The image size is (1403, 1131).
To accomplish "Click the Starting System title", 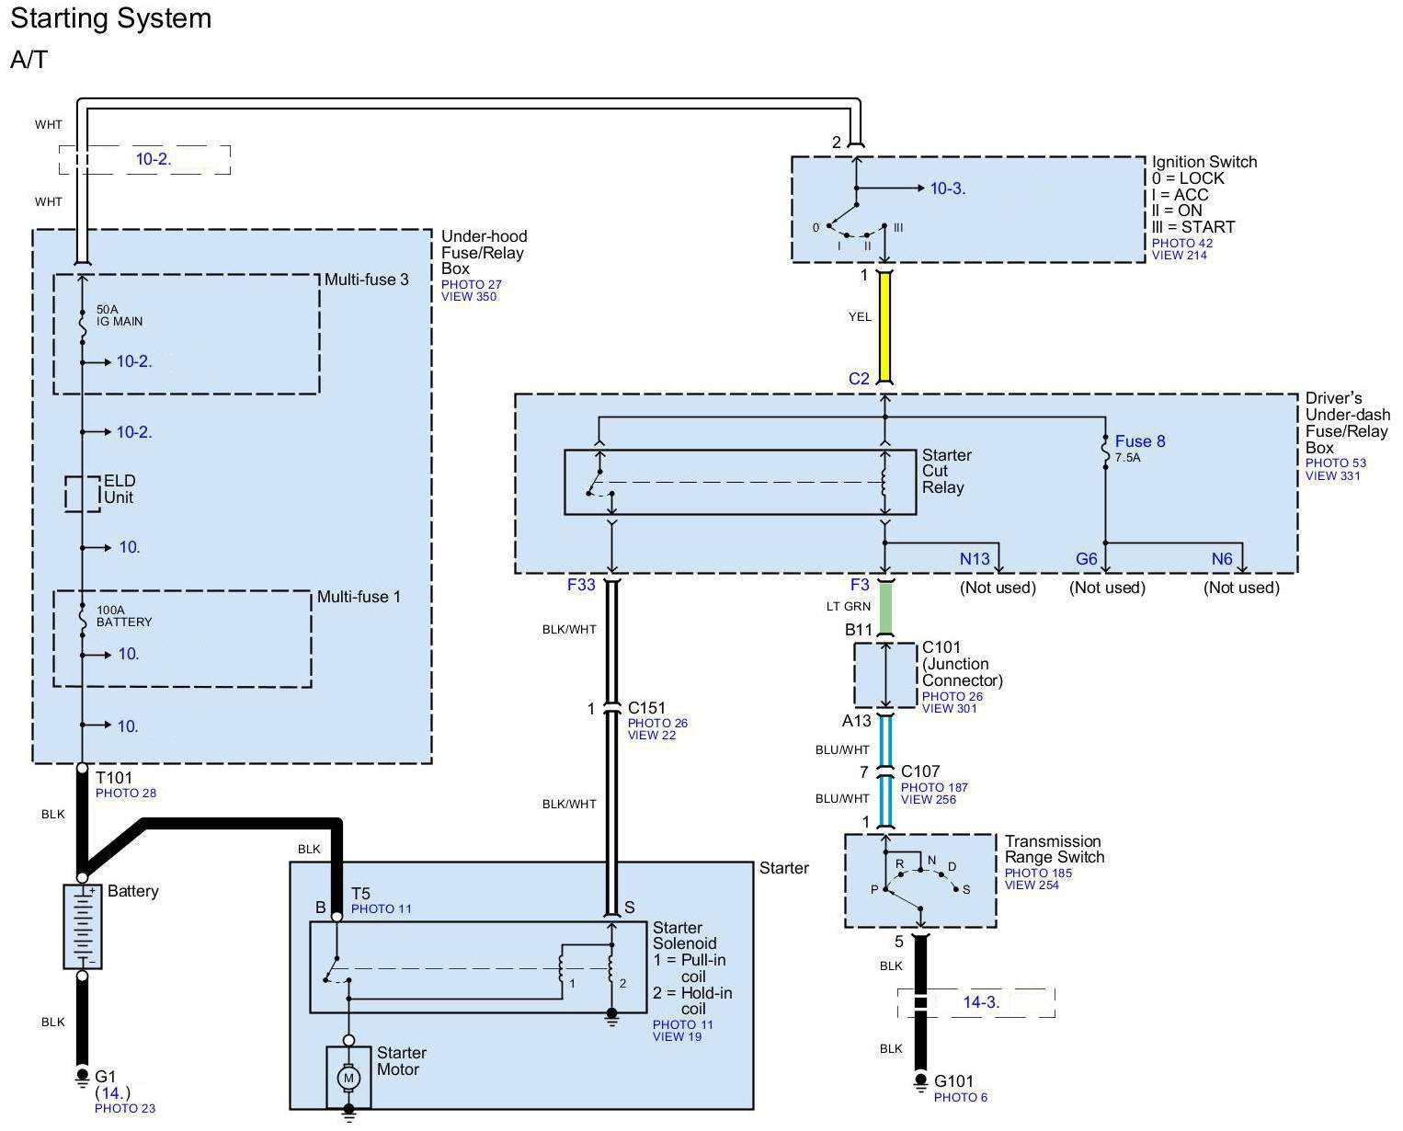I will pos(110,18).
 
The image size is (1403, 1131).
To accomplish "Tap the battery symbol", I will pos(82,926).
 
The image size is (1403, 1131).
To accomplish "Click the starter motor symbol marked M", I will pos(348,1076).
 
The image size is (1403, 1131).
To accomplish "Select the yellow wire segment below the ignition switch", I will pos(884,326).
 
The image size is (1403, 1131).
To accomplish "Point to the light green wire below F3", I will pos(885,607).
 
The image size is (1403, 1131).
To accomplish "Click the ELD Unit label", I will pos(119,489).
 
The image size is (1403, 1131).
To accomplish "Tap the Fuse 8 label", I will pos(1139,441).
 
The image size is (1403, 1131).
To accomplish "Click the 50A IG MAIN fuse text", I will pos(119,315).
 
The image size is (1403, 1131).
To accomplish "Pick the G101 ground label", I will pos(953,1081).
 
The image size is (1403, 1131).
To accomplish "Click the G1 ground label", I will pos(106,1076).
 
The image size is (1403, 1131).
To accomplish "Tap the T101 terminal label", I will pos(114,778).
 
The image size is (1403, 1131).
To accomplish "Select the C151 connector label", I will pos(646,708).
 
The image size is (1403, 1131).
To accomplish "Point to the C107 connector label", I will pos(919,771).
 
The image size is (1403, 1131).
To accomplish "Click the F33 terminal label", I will pos(581,584).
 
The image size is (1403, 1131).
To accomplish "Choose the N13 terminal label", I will pos(975,559).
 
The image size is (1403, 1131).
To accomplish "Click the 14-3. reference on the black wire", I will pos(980,1002).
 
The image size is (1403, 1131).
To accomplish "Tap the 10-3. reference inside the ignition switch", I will pos(947,188).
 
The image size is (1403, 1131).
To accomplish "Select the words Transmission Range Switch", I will pos(1054,849).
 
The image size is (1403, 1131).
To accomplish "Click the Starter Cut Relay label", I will pos(946,471).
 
